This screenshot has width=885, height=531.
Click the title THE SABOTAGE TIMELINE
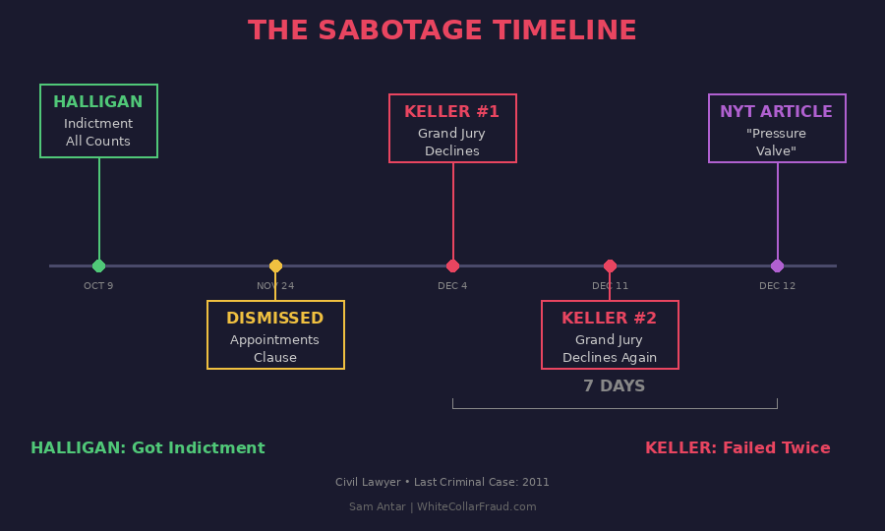(x=442, y=30)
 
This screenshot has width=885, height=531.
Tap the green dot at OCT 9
(x=98, y=265)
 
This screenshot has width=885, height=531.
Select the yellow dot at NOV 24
(x=275, y=265)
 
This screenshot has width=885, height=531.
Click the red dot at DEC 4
(x=452, y=265)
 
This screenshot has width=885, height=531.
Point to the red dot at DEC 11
(x=610, y=265)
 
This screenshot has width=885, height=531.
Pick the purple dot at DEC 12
(x=777, y=265)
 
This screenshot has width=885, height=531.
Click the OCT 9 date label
(x=98, y=286)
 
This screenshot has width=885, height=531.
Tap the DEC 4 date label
(x=452, y=286)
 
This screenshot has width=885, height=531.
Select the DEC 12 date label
(x=777, y=286)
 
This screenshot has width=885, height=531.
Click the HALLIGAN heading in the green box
(x=98, y=102)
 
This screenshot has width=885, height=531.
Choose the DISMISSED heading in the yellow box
(x=275, y=319)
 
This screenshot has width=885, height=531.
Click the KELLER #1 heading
(x=452, y=112)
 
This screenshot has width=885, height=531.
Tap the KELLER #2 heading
(x=610, y=319)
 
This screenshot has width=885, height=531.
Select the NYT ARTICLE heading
(x=777, y=112)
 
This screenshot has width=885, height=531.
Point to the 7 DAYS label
(x=615, y=386)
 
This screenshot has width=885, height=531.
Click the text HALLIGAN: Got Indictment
(x=147, y=448)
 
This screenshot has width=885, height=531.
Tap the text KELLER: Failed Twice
(x=737, y=448)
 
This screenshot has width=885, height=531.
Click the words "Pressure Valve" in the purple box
(x=777, y=143)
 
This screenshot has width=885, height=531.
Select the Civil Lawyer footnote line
(x=442, y=483)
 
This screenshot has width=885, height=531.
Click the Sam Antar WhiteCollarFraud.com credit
(x=442, y=507)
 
